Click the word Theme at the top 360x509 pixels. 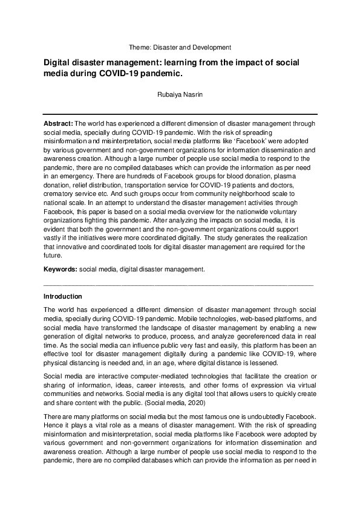tap(139, 47)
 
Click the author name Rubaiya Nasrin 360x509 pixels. tap(180, 94)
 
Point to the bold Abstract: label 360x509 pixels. tap(58, 123)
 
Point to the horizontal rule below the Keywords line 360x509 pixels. tap(179, 283)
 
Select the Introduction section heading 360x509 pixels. tap(64, 297)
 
